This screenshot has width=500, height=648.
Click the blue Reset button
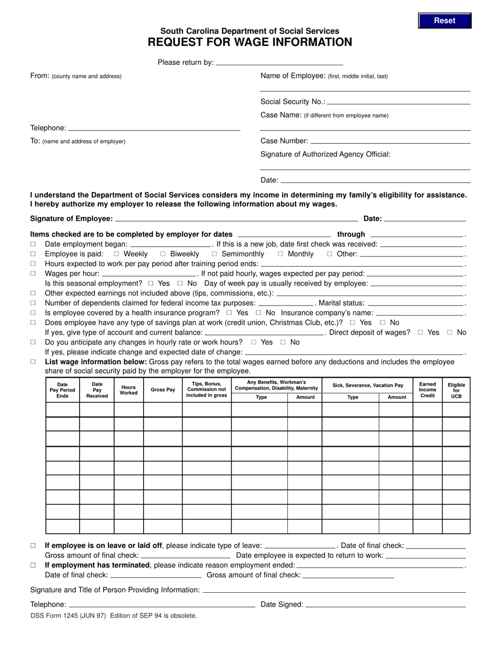coord(445,21)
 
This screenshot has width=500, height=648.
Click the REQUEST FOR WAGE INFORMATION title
coord(250,43)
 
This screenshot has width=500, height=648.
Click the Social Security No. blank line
coord(398,102)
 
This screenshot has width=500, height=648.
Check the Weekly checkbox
coord(117,254)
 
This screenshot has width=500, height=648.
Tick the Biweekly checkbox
coord(163,254)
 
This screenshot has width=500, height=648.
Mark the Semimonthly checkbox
coord(215,254)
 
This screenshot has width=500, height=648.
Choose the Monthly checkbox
coord(281,254)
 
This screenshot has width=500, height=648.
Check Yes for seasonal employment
coord(151,283)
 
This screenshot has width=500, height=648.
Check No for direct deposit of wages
coord(449,332)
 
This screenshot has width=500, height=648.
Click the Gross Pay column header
coord(163,390)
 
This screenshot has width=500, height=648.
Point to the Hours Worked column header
coord(128,390)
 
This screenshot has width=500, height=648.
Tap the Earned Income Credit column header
coord(427,390)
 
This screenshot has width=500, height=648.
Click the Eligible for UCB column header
coord(456,390)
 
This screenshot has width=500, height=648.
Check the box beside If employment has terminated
coord(33,565)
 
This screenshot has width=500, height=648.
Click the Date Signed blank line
coord(385,605)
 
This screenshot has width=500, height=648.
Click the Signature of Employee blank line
coord(236,219)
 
